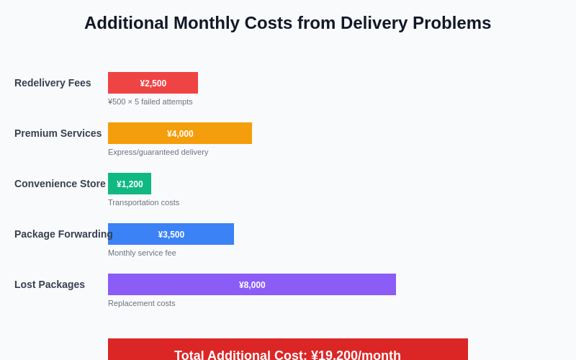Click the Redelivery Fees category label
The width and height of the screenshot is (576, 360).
pos(53,83)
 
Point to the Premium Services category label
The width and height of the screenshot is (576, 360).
pos(58,133)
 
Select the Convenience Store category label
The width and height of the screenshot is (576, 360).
pos(60,184)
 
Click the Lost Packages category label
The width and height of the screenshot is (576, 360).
pos(50,284)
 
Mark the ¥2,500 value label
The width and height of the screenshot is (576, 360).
pos(153,84)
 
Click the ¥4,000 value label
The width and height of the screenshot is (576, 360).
pos(180,134)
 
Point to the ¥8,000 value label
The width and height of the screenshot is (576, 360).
pos(252,285)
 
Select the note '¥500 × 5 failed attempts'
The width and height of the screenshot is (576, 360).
pos(150,102)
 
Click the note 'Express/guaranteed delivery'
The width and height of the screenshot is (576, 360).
pos(158,152)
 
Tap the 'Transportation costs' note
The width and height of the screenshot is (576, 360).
pos(143,202)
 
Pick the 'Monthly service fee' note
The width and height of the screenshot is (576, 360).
pos(142,253)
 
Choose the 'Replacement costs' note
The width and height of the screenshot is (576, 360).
pos(141,303)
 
